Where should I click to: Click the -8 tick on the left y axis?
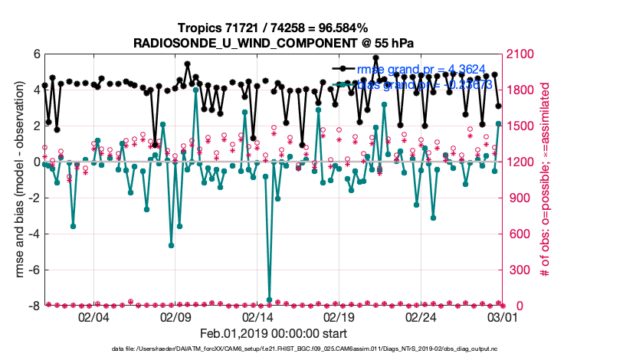[34, 306]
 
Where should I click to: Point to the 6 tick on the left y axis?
[37, 54]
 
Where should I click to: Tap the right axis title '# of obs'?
[546, 180]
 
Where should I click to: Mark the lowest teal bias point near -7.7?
[269, 299]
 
